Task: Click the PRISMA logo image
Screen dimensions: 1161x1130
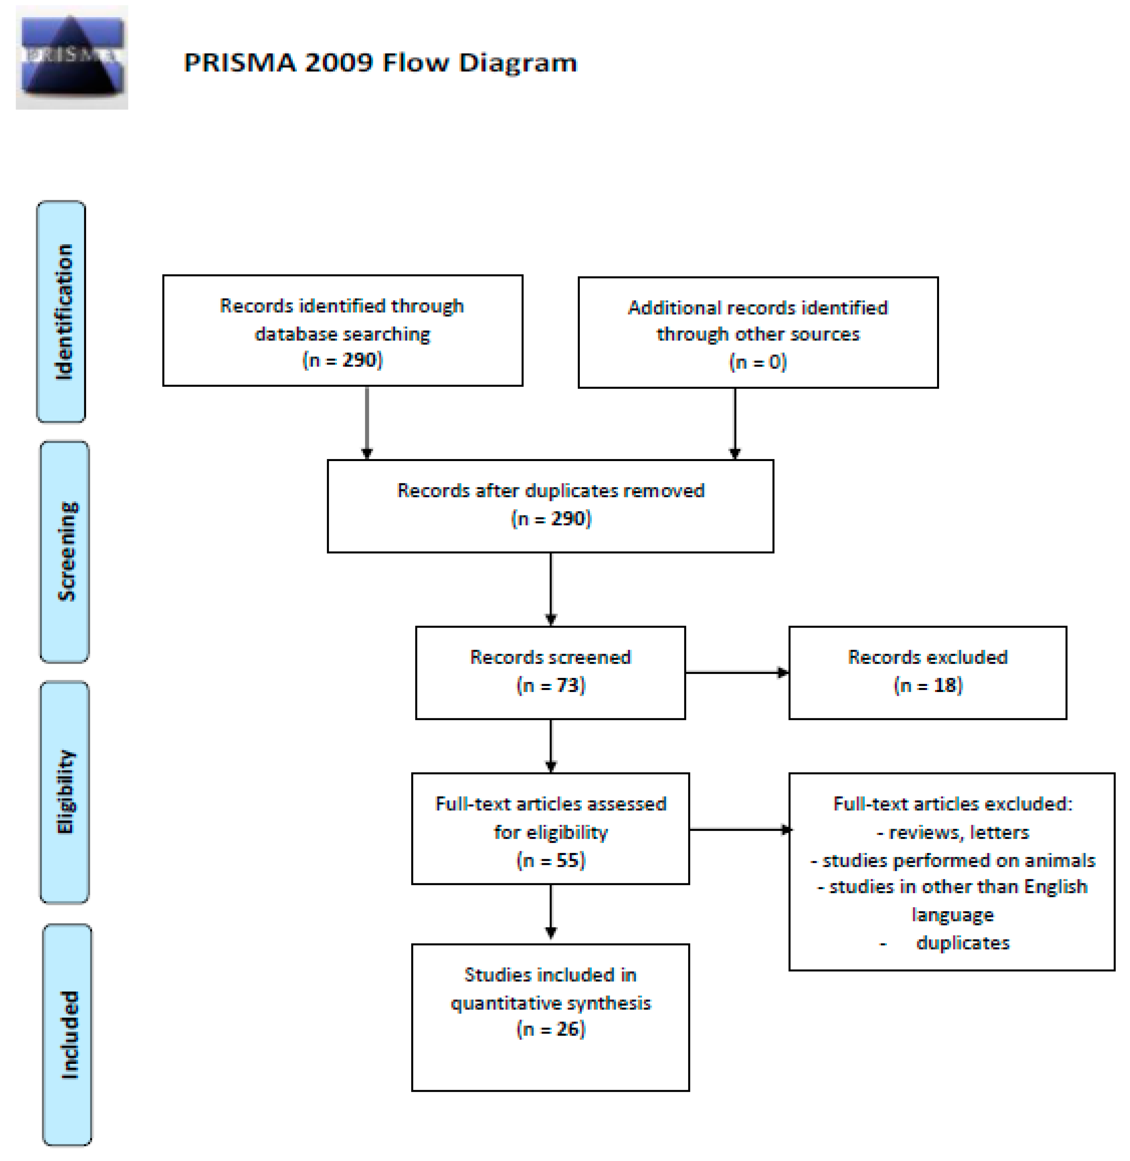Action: tap(72, 58)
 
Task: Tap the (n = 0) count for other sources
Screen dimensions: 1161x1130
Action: tap(758, 362)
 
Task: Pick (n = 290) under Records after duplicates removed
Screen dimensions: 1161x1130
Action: tap(551, 518)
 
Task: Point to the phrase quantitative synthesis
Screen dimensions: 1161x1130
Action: tap(551, 1003)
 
